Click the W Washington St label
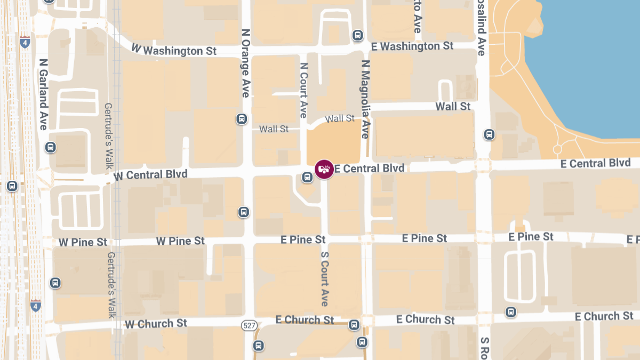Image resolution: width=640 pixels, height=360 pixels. pos(174,50)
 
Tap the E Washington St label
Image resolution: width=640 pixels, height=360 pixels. pos(412,46)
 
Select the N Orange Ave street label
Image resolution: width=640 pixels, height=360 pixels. pos(245,63)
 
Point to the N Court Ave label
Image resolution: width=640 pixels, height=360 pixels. pos(303,90)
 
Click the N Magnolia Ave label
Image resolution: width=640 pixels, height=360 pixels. pos(365,99)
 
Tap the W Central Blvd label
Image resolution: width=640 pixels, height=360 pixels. pos(150,174)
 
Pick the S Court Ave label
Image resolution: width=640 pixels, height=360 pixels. pos(324,278)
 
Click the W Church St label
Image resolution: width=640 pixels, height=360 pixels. pos(156,323)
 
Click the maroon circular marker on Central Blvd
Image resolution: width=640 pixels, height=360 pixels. pos(324,170)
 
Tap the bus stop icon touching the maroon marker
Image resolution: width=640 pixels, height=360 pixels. pos(307,177)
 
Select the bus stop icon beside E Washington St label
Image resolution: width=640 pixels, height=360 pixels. pos(357,36)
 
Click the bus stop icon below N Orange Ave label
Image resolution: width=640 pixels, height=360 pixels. pos(242,118)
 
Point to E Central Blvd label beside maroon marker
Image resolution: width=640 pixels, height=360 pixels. pos(369,169)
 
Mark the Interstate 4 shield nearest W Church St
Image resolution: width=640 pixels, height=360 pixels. pos(35,306)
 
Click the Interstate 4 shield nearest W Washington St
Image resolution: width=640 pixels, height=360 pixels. pos(25,42)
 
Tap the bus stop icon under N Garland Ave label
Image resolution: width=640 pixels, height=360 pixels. pos(51,147)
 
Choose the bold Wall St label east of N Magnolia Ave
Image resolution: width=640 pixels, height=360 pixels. pos(453,106)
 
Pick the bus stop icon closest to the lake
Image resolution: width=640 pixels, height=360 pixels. pos(489,134)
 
